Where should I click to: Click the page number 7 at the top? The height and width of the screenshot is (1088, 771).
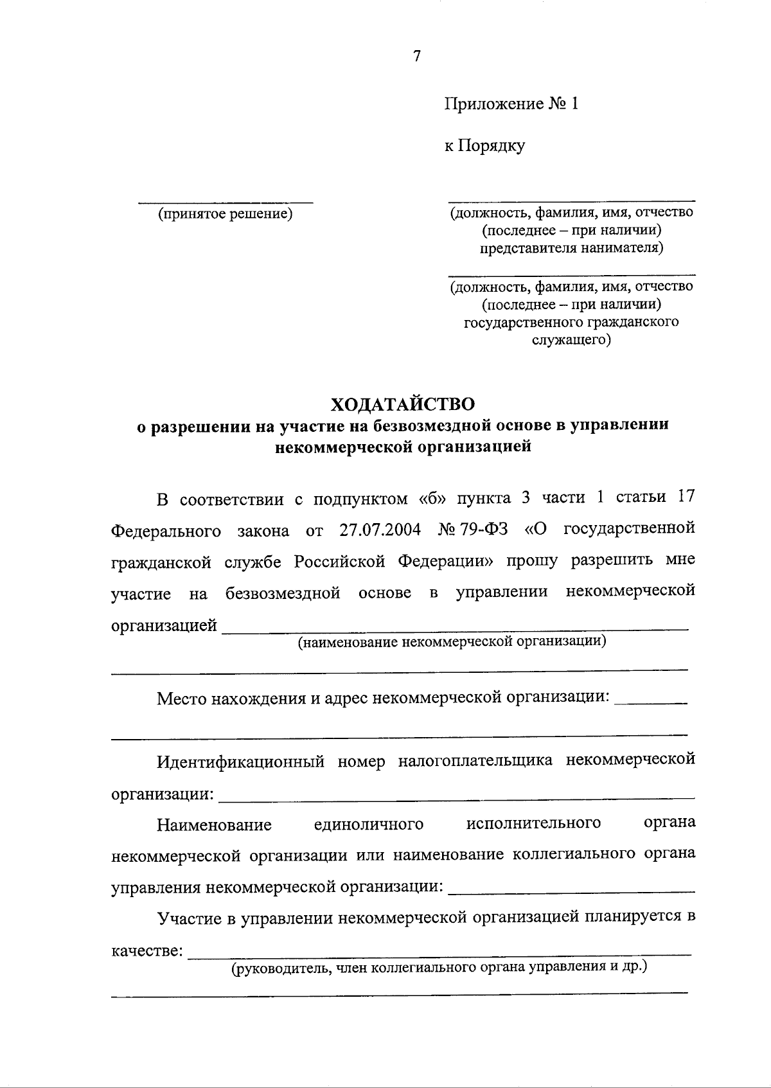(417, 57)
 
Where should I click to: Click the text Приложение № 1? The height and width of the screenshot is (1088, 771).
(511, 104)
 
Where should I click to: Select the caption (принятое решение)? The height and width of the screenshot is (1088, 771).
(226, 213)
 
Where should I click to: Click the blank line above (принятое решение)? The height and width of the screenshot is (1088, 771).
(226, 202)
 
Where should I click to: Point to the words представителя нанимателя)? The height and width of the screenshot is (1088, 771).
(571, 247)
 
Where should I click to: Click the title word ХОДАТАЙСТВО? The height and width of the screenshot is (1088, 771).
(403, 404)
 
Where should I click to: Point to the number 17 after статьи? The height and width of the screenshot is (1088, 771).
(686, 499)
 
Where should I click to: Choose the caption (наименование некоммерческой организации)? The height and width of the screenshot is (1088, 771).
(452, 641)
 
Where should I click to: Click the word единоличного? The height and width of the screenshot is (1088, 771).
(369, 825)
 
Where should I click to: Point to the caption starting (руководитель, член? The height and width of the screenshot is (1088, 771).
(439, 967)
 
